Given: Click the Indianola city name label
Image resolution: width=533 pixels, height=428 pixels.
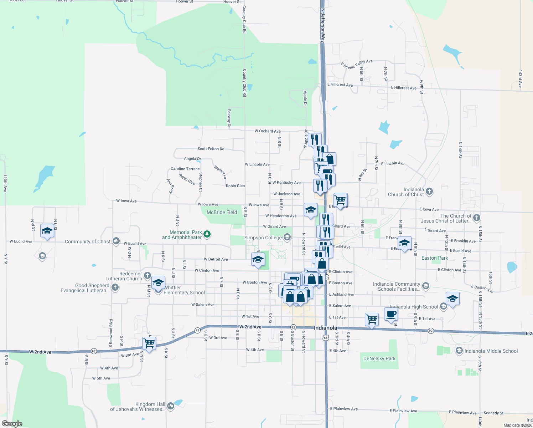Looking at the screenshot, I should pyautogui.click(x=325, y=328).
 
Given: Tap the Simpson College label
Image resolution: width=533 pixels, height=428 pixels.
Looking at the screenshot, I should pyautogui.click(x=263, y=238).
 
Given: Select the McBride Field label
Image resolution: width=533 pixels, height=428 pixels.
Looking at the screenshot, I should pyautogui.click(x=222, y=212).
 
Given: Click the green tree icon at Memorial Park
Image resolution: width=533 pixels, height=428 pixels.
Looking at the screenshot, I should pyautogui.click(x=207, y=234).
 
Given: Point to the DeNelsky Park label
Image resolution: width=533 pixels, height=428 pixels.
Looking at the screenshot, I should pyautogui.click(x=379, y=358).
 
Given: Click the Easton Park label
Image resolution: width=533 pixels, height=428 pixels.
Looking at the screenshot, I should pyautogui.click(x=435, y=258).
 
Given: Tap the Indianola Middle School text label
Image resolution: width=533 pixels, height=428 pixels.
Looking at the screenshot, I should pyautogui.click(x=491, y=351).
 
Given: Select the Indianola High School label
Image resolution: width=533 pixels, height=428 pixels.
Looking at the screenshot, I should pyautogui.click(x=414, y=307).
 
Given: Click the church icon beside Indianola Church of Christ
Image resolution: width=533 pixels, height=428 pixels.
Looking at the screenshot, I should pyautogui.click(x=429, y=192).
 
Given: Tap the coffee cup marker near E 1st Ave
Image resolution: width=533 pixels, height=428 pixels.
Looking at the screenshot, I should pyautogui.click(x=391, y=314).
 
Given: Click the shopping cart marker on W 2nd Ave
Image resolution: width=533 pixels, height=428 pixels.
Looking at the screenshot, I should pyautogui.click(x=149, y=343).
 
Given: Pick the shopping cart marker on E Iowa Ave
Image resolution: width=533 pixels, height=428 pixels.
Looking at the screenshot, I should pyautogui.click(x=340, y=200).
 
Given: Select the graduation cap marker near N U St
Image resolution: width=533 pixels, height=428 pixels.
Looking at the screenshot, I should pyautogui.click(x=47, y=231).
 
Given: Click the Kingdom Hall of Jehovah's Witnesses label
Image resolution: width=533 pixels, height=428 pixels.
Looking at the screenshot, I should pyautogui.click(x=138, y=407).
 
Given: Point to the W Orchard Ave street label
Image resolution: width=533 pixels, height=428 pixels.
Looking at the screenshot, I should pyautogui.click(x=268, y=131).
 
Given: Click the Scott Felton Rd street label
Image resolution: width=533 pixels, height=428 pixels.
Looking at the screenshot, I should pyautogui.click(x=211, y=149).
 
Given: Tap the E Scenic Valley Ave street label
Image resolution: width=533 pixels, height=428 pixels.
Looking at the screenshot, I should pyautogui.click(x=357, y=64).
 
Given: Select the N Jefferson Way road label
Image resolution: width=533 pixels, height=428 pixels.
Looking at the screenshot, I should pyautogui.click(x=323, y=26).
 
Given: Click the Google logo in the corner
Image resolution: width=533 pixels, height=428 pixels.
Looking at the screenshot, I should pyautogui.click(x=12, y=424).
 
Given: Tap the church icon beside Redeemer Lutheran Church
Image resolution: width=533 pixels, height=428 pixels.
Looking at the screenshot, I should pyautogui.click(x=147, y=276).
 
